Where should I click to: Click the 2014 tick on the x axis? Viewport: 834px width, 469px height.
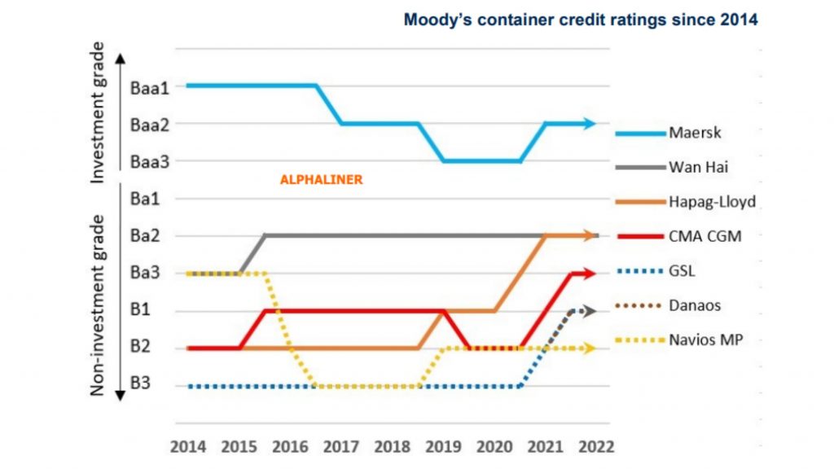pyautogui.click(x=187, y=447)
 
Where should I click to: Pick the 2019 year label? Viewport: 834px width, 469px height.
pyautogui.click(x=443, y=447)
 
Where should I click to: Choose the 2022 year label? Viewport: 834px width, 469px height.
pyautogui.click(x=596, y=447)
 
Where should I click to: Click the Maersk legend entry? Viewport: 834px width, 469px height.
pyautogui.click(x=691, y=132)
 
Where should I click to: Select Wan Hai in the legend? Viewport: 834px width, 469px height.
pyautogui.click(x=697, y=167)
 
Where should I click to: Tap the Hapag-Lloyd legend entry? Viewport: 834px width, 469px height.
pyautogui.click(x=708, y=201)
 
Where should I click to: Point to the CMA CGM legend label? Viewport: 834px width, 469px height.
pyautogui.click(x=704, y=236)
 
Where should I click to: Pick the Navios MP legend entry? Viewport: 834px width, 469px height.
pyautogui.click(x=704, y=340)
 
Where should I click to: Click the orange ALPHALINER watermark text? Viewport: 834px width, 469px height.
pyautogui.click(x=321, y=180)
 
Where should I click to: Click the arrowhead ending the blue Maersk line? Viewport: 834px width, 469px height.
pyautogui.click(x=591, y=124)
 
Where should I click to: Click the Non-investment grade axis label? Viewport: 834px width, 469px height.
pyautogui.click(x=98, y=305)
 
